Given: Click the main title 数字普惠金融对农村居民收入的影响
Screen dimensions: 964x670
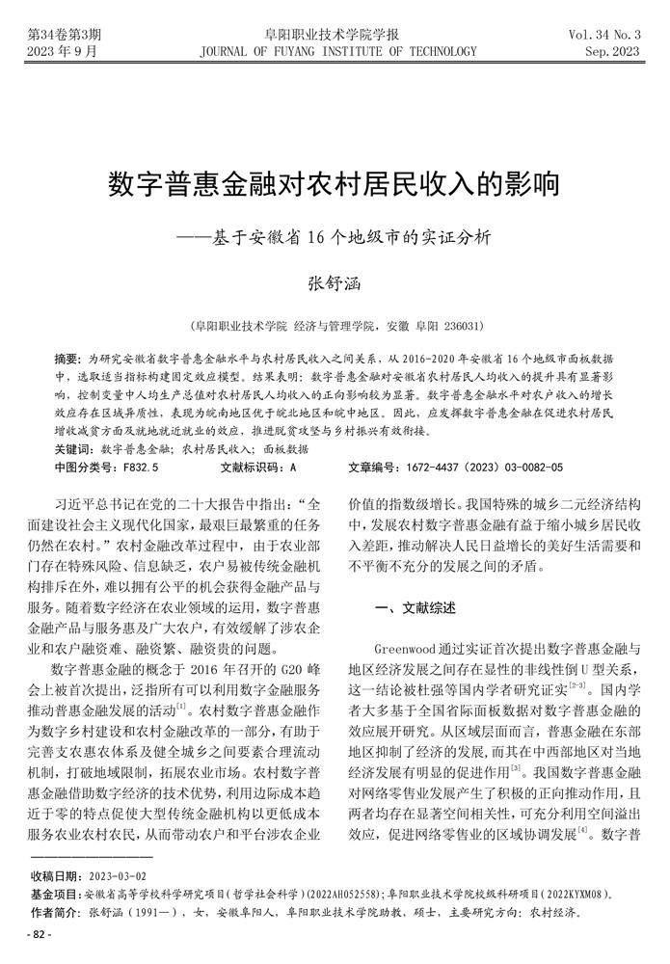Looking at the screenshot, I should (334, 183).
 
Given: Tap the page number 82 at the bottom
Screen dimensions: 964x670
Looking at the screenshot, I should (40, 934).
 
